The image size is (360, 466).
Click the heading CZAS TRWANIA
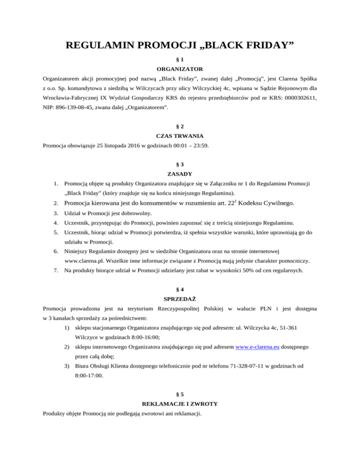pyautogui.click(x=180, y=136)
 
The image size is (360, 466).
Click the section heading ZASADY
pyautogui.click(x=180, y=174)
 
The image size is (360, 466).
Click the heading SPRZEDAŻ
pyautogui.click(x=180, y=298)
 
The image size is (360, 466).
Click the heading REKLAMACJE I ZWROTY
pyautogui.click(x=180, y=404)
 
